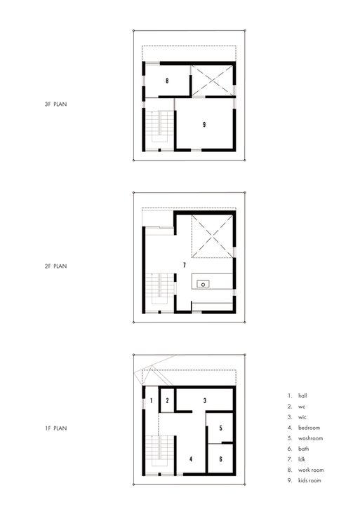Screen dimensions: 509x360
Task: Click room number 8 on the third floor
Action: pos(167,81)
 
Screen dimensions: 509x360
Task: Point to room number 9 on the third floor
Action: pos(204,124)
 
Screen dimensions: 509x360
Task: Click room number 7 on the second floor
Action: pos(184,266)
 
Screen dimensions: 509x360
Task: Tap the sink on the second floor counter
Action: pos(203,284)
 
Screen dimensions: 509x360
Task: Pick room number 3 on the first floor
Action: pos(204,400)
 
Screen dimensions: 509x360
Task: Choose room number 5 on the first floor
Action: pos(220,428)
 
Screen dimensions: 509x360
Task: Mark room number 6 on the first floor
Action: pos(220,459)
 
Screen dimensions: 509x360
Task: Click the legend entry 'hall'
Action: pos(302,395)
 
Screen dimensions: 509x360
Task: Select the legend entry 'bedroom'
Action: pos(308,428)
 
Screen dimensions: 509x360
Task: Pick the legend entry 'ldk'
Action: pos(301,459)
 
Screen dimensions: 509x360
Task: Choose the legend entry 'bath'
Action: pos(302,449)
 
